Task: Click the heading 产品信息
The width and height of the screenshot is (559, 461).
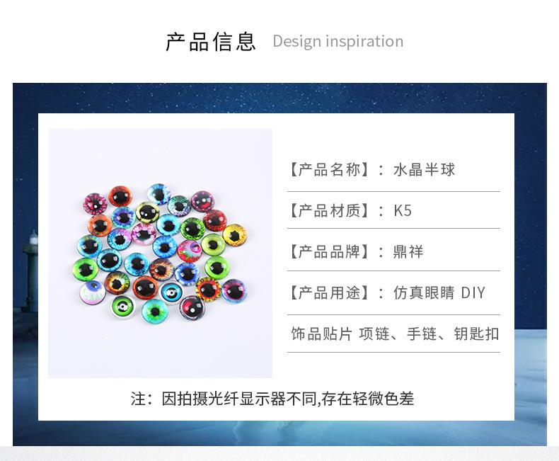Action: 211,41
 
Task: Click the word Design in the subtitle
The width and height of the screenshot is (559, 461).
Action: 297,42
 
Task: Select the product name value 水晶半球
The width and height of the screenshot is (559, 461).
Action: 425,169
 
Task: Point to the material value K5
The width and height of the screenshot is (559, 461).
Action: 403,210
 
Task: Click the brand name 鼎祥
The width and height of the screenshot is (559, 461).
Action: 408,252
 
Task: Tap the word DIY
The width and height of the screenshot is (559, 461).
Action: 473,293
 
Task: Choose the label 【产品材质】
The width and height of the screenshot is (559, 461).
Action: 329,210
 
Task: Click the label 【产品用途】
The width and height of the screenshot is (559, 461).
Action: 329,293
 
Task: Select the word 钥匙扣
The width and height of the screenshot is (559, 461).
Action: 476,334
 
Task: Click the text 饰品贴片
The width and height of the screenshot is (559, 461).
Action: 321,334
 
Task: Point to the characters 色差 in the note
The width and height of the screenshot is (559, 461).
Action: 399,399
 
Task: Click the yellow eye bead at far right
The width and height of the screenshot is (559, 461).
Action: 235,235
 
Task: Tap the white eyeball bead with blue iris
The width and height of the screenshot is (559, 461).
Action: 93,292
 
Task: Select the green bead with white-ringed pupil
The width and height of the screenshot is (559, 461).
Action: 123,307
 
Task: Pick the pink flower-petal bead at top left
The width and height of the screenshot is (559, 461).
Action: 96,204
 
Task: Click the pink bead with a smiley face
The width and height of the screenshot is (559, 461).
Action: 202,202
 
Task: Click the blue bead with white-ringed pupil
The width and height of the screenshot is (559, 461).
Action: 171,293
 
